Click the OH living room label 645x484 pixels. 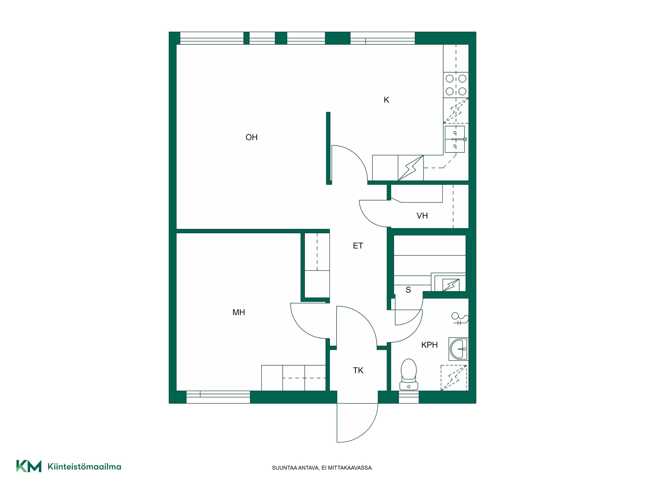click(x=251, y=137)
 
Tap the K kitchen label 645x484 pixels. click(x=386, y=100)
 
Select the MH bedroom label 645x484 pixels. click(x=239, y=312)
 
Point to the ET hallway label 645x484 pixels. click(x=358, y=246)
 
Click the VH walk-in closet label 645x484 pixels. click(x=422, y=216)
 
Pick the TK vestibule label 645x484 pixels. click(x=358, y=370)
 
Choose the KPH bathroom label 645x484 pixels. click(x=429, y=345)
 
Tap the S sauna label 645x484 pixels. click(x=408, y=290)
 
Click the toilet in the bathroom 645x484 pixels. click(x=408, y=374)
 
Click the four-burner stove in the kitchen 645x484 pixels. click(x=456, y=85)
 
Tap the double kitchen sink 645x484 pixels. click(x=455, y=139)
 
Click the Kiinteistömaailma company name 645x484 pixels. click(x=84, y=467)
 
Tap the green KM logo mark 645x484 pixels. click(x=29, y=466)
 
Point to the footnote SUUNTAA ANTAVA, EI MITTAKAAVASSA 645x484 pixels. click(x=322, y=468)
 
